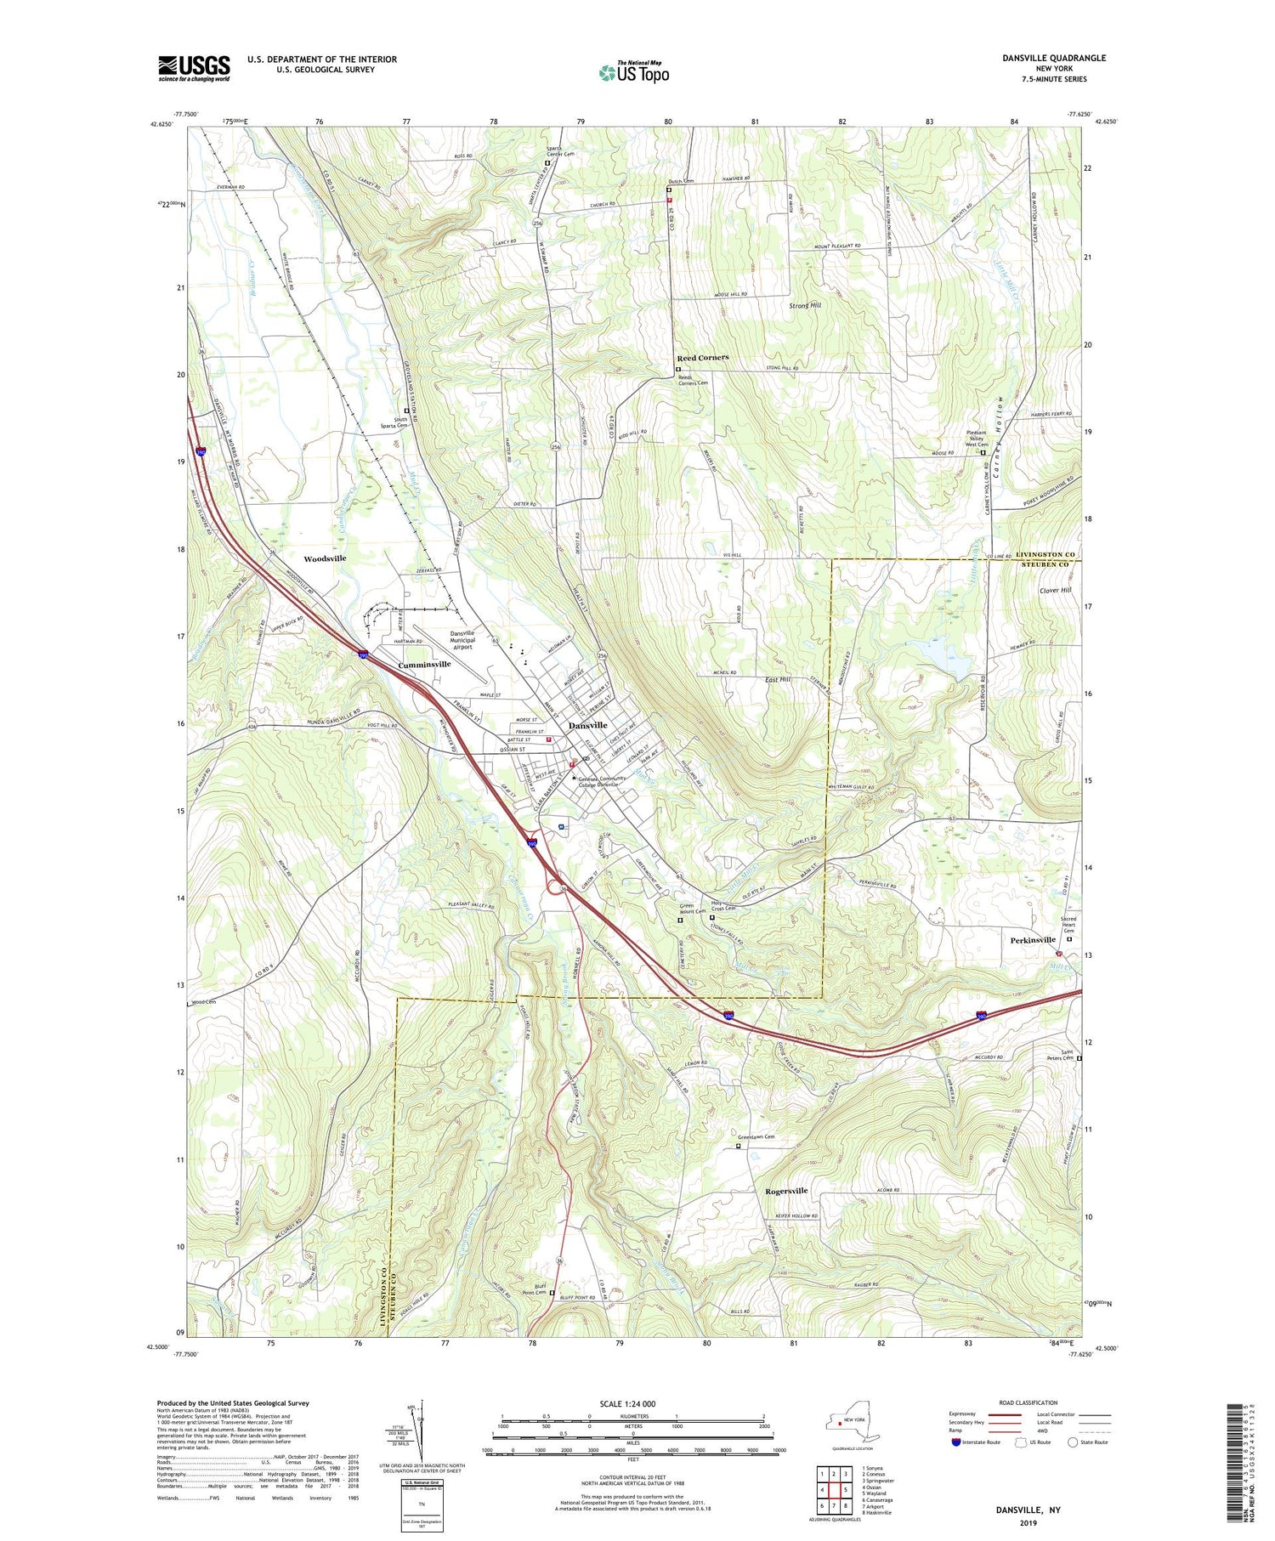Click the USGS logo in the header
coord(194,68)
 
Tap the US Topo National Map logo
coord(633,72)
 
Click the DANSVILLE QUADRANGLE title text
coord(1055,58)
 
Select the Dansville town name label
coord(587,725)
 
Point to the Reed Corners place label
coord(702,358)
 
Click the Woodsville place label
coord(326,558)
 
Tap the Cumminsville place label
coord(425,664)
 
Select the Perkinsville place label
coord(1033,939)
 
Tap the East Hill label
coord(778,679)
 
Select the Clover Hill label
coord(1055,590)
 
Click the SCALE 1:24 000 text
coord(633,1403)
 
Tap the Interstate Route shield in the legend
coord(956,1442)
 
